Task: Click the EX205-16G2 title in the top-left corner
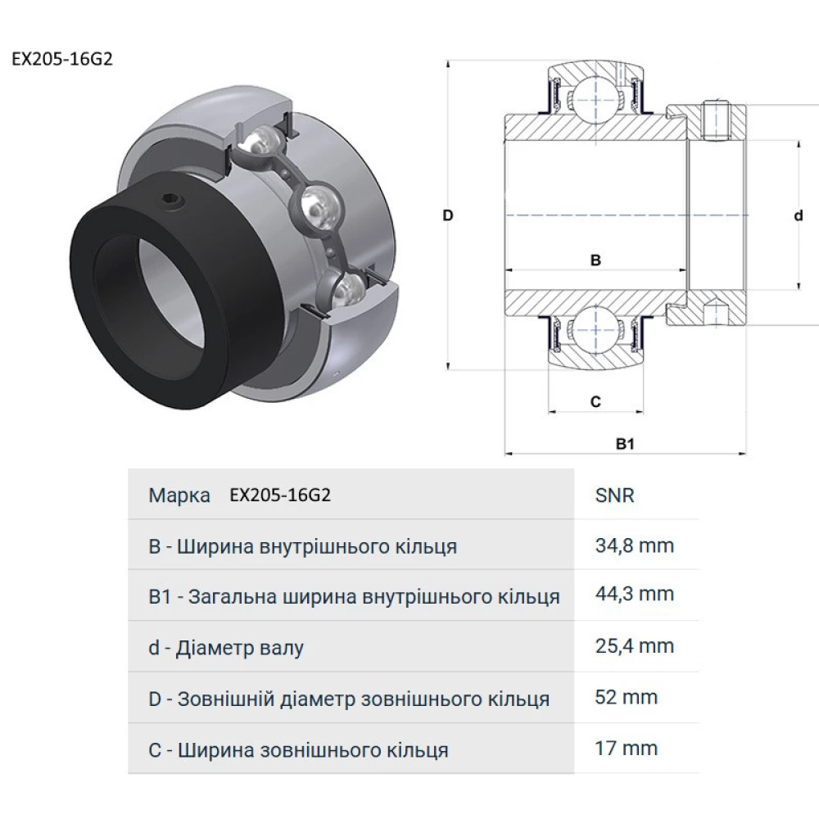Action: [61, 61]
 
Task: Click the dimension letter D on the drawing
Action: [448, 215]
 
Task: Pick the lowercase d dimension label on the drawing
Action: [798, 215]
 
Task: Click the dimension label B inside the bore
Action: [596, 260]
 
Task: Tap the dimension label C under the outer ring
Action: [595, 401]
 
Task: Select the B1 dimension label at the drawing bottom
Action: [626, 444]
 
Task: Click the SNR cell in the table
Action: [614, 495]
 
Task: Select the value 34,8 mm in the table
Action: [635, 545]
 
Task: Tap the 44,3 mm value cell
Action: [635, 594]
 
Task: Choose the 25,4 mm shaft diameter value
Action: [635, 646]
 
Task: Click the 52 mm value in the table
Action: [627, 697]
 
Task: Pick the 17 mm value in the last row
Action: [627, 748]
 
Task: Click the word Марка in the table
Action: [179, 495]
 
